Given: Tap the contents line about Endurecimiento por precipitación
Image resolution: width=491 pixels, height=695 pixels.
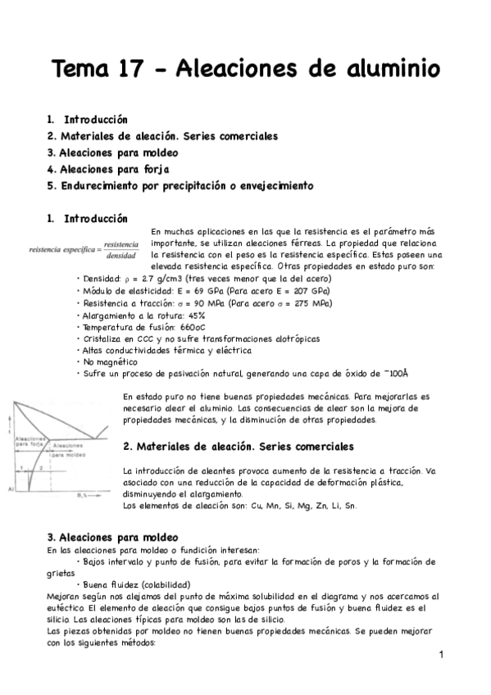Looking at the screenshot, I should coord(180,186).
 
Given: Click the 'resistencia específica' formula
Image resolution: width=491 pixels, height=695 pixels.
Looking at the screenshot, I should coord(84,249).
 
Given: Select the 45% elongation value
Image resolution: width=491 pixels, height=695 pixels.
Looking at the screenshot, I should coord(194,315).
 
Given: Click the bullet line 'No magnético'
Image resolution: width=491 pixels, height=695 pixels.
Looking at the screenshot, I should coord(107,361).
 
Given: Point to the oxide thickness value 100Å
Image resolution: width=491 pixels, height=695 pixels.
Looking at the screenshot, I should coord(396,374).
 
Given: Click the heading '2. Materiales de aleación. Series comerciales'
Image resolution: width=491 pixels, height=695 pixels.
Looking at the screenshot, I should coord(238,447).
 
